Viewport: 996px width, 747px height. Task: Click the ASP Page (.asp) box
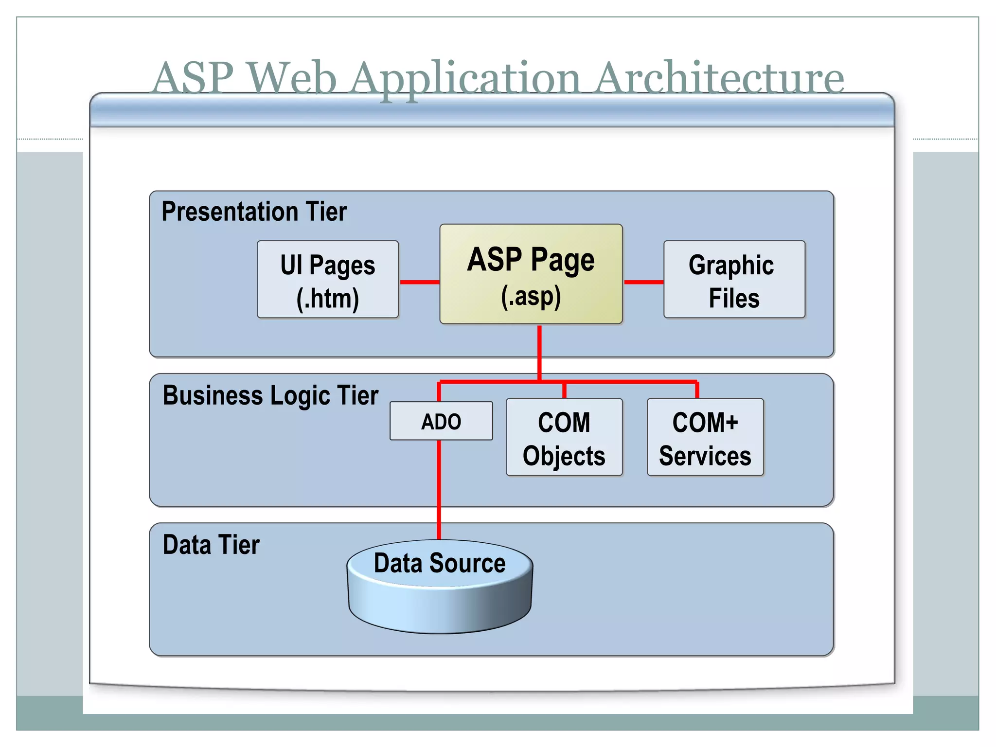531,274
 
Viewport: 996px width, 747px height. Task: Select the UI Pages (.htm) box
327,280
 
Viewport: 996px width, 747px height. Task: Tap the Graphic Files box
733,280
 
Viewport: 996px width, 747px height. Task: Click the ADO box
441,421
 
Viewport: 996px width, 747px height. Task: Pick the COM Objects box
564,437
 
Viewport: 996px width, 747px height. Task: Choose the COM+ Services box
705,437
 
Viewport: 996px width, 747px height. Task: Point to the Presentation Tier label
254,212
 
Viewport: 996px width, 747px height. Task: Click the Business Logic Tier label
270,395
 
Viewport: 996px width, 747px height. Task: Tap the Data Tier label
211,545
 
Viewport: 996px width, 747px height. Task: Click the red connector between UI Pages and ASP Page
419,282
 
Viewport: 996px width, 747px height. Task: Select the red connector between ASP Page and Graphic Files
643,282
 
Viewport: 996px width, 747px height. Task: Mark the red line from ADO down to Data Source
439,489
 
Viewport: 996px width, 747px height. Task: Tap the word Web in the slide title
292,78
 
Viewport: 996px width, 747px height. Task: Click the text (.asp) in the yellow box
531,296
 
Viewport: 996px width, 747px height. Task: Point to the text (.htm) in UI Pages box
327,298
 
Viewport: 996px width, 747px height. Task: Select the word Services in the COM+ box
705,456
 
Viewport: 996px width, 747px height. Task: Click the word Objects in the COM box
564,456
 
